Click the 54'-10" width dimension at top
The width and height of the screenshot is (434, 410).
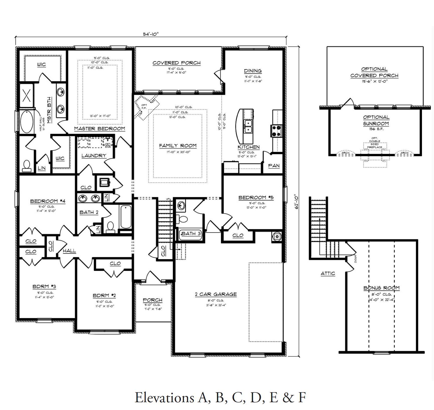tap(151, 34)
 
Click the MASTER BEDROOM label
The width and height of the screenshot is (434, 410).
tap(99, 129)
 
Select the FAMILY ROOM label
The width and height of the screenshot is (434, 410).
tap(178, 146)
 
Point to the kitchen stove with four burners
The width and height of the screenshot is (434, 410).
tap(276, 131)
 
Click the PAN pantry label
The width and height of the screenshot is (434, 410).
tap(274, 166)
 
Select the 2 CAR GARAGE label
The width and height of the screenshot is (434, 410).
tap(216, 294)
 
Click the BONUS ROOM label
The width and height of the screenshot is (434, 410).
tap(381, 288)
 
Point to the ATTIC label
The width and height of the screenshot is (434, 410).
tap(328, 273)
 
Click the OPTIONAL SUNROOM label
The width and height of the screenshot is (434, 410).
tap(376, 120)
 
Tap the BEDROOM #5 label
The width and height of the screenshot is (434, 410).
tap(256, 197)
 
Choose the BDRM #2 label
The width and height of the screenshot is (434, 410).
tap(104, 295)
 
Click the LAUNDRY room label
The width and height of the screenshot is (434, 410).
tap(94, 156)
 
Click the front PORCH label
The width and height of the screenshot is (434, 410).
tap(152, 300)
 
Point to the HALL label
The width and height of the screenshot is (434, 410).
tap(69, 251)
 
